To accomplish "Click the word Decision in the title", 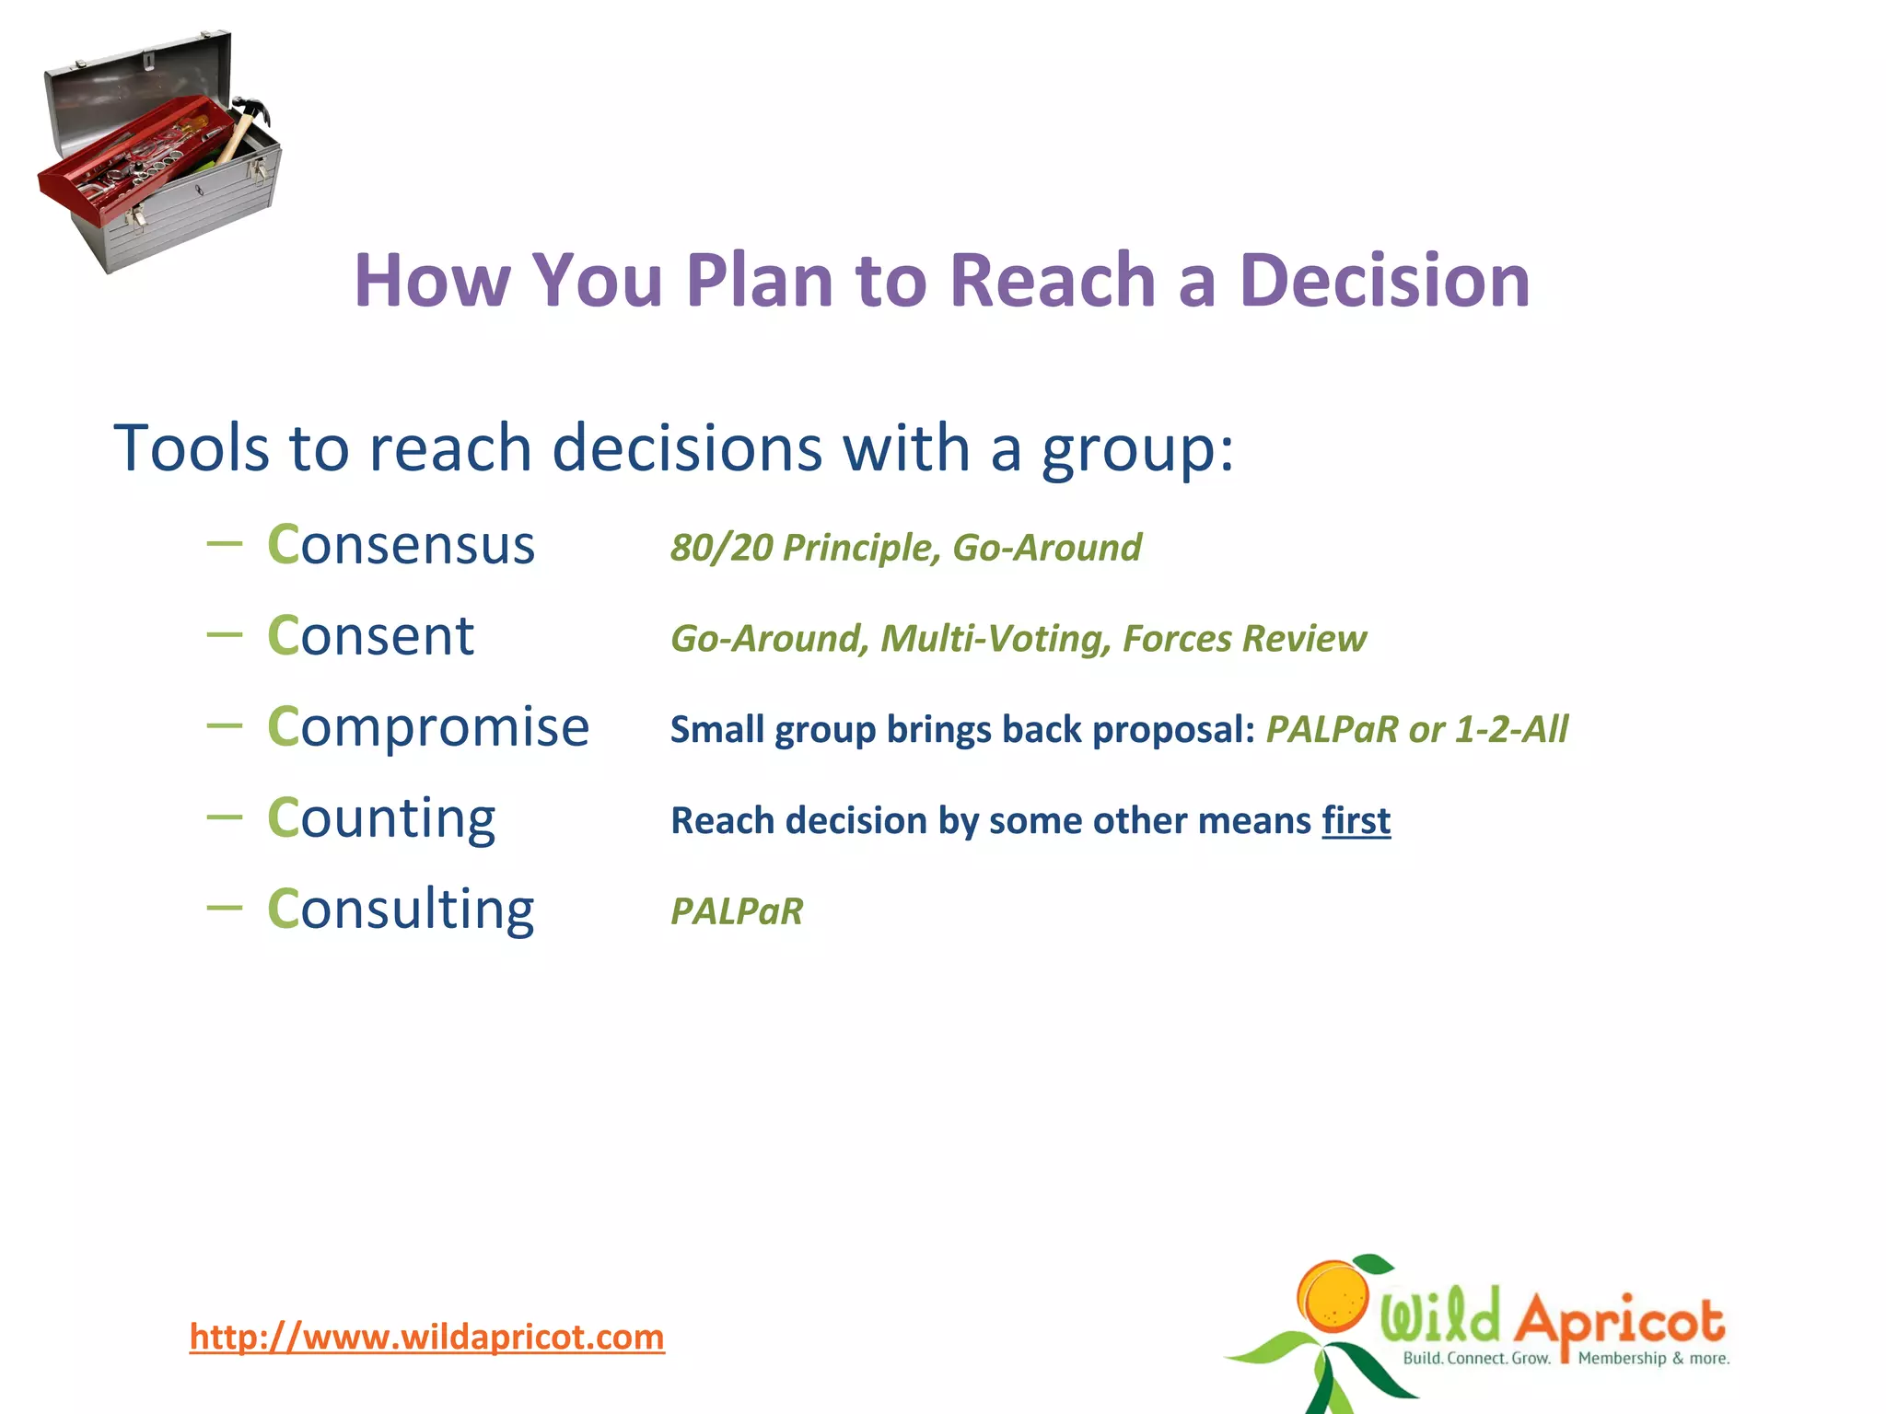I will tap(1384, 280).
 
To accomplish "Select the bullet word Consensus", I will tap(401, 544).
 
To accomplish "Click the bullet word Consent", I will tap(370, 635).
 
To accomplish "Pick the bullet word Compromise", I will tap(427, 726).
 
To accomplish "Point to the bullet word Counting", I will tap(381, 817).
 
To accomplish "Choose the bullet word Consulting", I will tap(401, 909).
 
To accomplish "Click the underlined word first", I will tap(1356, 820).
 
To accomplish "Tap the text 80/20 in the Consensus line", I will tap(721, 548).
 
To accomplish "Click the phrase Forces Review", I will tap(1244, 639).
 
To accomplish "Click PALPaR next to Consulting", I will tap(737, 911).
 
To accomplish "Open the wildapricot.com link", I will tap(426, 1337).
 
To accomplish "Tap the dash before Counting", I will tap(225, 817).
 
